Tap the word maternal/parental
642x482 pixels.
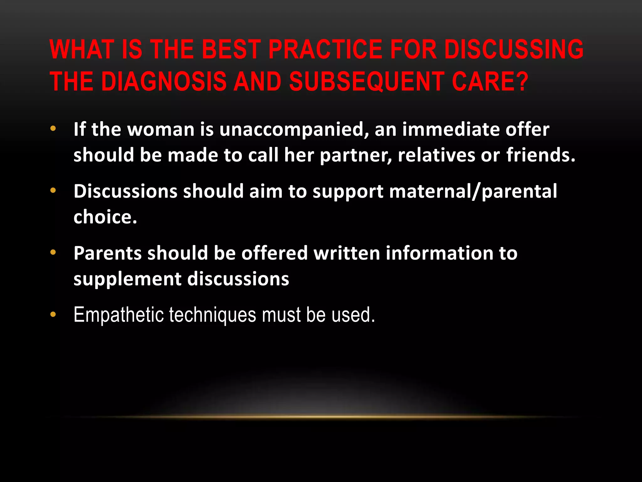[473, 191]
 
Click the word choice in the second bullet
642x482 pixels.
[105, 217]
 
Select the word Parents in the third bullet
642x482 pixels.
[108, 253]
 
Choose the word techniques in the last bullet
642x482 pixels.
[213, 315]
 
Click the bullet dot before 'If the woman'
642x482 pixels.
[53, 129]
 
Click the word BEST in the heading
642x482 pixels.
[231, 49]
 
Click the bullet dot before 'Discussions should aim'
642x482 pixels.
[53, 190]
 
